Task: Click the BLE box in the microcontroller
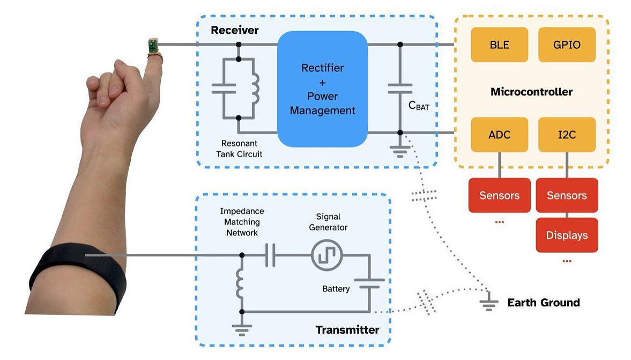point(499,45)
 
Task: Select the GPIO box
point(567,45)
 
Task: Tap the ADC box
point(499,135)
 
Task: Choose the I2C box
point(567,135)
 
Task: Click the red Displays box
point(567,235)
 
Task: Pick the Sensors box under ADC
point(499,195)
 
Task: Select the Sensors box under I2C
point(567,195)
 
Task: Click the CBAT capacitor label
point(419,106)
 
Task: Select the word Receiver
point(234,30)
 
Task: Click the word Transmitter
point(347,329)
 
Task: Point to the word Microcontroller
point(531,92)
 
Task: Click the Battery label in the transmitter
point(336,289)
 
